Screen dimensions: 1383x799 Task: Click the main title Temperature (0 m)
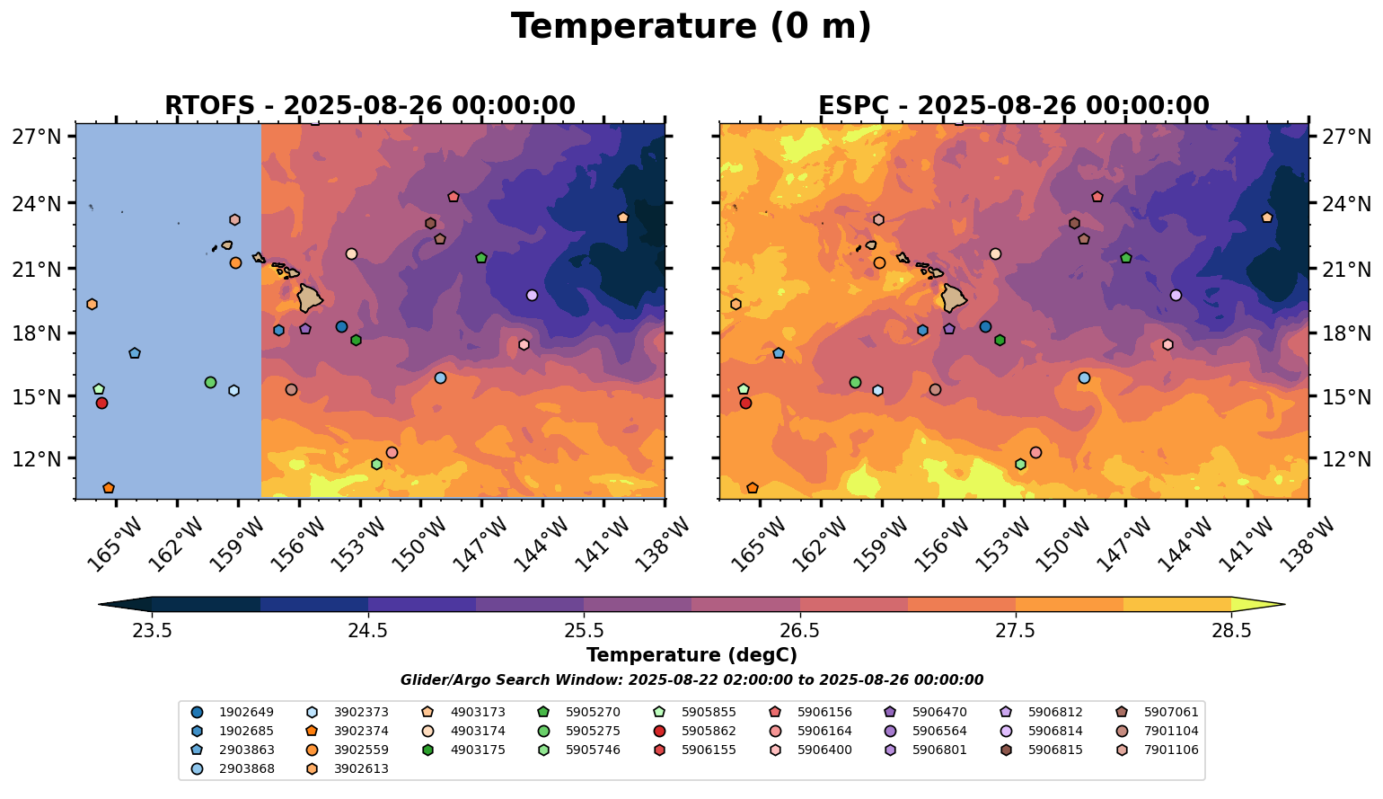(x=691, y=27)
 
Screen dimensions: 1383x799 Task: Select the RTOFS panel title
(x=370, y=105)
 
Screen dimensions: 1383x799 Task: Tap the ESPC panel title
(x=1014, y=105)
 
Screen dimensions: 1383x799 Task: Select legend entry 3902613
(x=348, y=768)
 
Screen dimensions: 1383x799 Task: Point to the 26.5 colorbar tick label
(x=799, y=631)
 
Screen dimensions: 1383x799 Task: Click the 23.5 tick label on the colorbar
(x=152, y=631)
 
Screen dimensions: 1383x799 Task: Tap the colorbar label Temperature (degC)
(x=691, y=655)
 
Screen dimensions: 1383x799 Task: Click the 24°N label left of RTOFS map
(x=37, y=203)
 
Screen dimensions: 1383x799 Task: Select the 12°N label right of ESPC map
(x=1345, y=459)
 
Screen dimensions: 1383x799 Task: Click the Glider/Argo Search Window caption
(x=691, y=680)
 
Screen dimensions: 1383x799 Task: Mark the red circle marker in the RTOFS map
(x=101, y=404)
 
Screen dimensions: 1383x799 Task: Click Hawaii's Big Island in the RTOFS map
(x=309, y=297)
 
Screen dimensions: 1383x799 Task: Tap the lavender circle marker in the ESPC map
(x=1176, y=296)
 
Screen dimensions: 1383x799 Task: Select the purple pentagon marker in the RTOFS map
(x=305, y=329)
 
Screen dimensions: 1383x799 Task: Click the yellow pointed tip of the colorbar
(x=1284, y=604)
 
